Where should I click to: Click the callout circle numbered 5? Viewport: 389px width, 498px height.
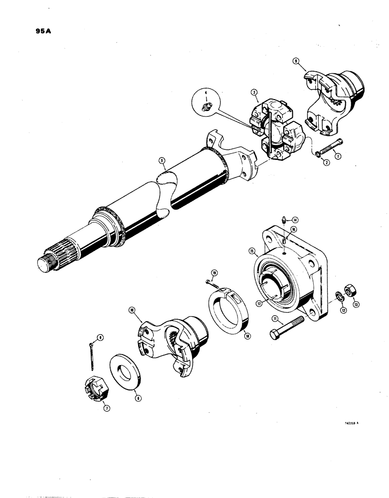(x=161, y=160)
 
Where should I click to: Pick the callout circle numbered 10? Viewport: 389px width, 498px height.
(x=131, y=310)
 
